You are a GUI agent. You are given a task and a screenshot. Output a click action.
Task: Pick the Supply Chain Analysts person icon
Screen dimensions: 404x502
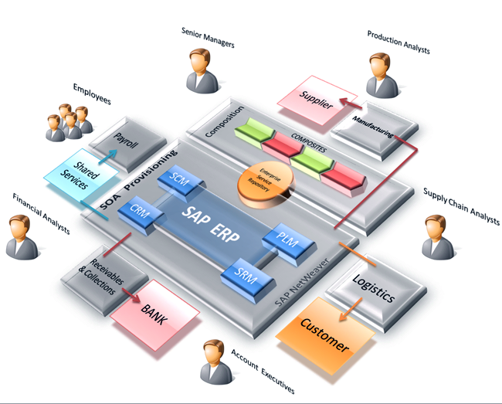point(439,236)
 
